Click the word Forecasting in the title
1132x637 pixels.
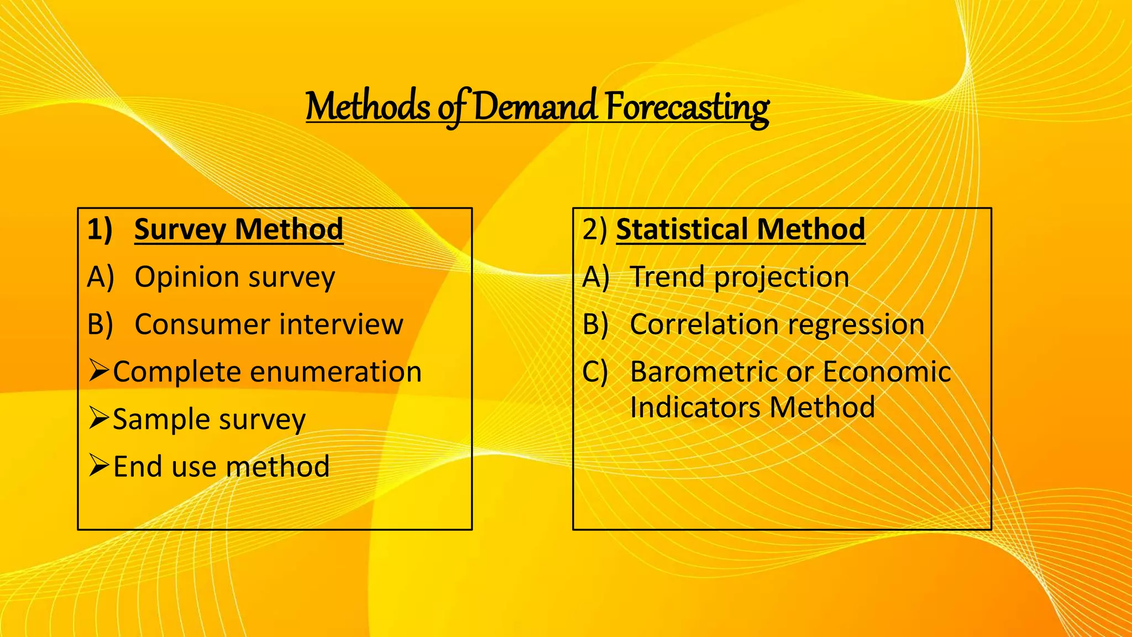pos(686,106)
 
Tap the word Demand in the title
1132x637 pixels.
pos(535,106)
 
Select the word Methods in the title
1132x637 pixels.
pos(368,106)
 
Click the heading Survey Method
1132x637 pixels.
pos(238,229)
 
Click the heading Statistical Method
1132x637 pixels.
pos(740,229)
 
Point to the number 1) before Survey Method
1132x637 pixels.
pos(100,229)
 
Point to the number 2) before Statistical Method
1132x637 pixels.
pos(595,229)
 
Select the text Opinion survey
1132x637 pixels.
pos(235,278)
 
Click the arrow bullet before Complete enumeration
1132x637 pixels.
pos(99,370)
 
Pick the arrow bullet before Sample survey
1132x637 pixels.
pos(99,418)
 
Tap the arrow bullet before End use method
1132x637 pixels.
pos(99,466)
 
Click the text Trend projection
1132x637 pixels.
pos(739,278)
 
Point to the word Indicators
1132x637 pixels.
pos(695,408)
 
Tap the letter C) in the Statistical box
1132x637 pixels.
pos(595,372)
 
